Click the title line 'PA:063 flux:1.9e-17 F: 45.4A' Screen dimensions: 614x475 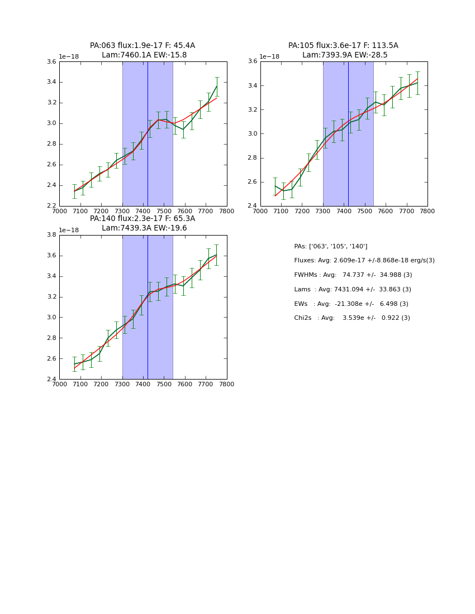point(142,46)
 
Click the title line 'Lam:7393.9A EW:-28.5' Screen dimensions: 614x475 point(345,55)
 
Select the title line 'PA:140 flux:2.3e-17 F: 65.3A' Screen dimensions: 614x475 point(142,219)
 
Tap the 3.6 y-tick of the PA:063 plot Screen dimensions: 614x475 point(51,62)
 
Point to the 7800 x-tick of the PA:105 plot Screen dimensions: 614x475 point(427,211)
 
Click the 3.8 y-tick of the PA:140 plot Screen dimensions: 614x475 point(51,235)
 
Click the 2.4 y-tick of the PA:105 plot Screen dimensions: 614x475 point(252,206)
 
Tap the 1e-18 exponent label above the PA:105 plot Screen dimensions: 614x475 point(269,56)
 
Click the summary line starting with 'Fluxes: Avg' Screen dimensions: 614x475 point(364,261)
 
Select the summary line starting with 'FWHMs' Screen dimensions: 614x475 point(353,275)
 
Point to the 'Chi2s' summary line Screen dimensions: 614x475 point(352,318)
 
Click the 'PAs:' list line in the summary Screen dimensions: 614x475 point(331,246)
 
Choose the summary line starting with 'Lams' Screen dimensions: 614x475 point(353,290)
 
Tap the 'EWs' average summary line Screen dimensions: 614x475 point(351,304)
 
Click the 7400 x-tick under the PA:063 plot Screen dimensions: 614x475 point(143,211)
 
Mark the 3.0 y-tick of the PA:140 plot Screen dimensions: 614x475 point(51,318)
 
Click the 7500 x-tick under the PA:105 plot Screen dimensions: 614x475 point(365,211)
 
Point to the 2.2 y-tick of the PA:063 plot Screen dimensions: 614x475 point(51,206)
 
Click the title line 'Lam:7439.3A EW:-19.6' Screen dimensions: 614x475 point(144,228)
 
